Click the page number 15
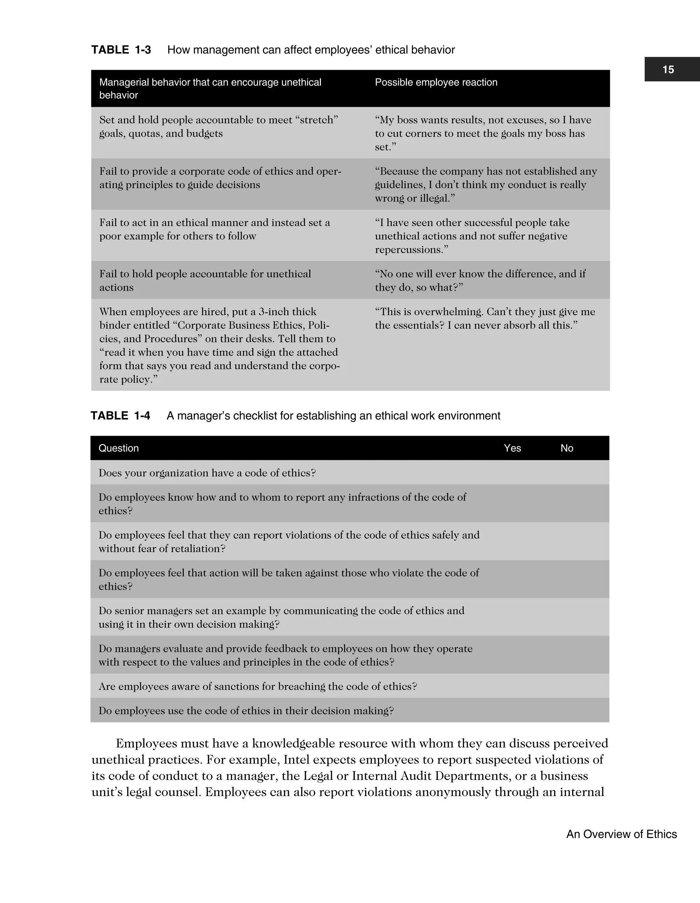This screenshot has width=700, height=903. [668, 69]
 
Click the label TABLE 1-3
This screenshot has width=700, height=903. [121, 50]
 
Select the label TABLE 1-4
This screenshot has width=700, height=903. [120, 416]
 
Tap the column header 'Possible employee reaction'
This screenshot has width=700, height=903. [436, 82]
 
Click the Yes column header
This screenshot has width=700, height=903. [512, 448]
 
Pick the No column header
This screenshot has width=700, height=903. [566, 448]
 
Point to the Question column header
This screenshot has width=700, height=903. [119, 448]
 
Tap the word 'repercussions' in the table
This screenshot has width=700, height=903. [409, 250]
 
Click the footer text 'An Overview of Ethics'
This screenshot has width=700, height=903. [621, 834]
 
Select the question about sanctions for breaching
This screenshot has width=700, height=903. [258, 686]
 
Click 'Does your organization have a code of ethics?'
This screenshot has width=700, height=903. [207, 473]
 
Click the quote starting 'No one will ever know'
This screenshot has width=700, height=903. [480, 280]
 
